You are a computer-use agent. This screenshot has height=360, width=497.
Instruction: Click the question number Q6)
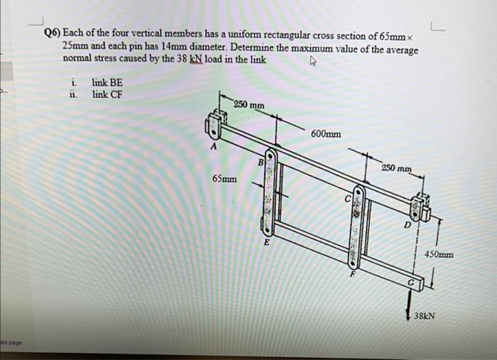(x=53, y=35)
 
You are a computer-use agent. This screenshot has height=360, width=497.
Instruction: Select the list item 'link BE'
(x=107, y=83)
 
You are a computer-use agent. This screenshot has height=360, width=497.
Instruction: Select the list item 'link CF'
(x=107, y=94)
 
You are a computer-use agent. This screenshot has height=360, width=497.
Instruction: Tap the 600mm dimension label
(x=325, y=133)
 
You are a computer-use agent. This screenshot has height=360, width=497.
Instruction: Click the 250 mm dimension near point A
(x=248, y=105)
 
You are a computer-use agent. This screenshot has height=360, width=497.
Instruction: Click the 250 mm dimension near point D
(x=396, y=168)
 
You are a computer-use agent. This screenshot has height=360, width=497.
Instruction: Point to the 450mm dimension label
(x=439, y=254)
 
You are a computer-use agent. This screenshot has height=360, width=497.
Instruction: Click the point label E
(x=267, y=243)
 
